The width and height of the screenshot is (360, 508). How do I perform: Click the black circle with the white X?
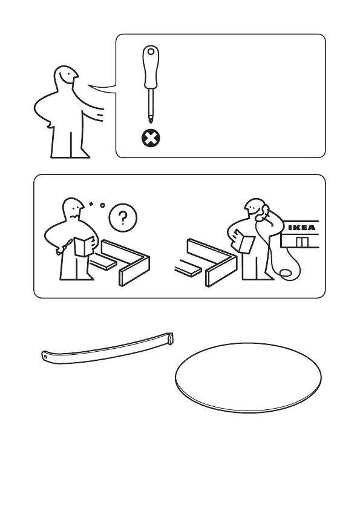tap(151, 139)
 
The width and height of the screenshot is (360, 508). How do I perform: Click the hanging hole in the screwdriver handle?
tap(151, 51)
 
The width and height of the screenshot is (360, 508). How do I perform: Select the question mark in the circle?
tap(123, 217)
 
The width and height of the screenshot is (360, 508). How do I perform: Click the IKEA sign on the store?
tap(302, 228)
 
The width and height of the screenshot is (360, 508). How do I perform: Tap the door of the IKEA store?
tap(303, 242)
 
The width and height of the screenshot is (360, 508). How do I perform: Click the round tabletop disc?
tap(248, 378)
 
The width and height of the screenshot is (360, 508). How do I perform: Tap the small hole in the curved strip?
tap(45, 357)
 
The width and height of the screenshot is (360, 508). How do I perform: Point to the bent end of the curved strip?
tap(171, 339)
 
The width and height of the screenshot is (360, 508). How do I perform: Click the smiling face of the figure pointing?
tap(68, 77)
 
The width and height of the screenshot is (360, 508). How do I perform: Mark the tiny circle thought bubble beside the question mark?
tap(103, 205)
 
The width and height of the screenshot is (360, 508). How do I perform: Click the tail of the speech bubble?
tap(102, 89)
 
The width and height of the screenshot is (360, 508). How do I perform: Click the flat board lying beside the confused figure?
tap(102, 263)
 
